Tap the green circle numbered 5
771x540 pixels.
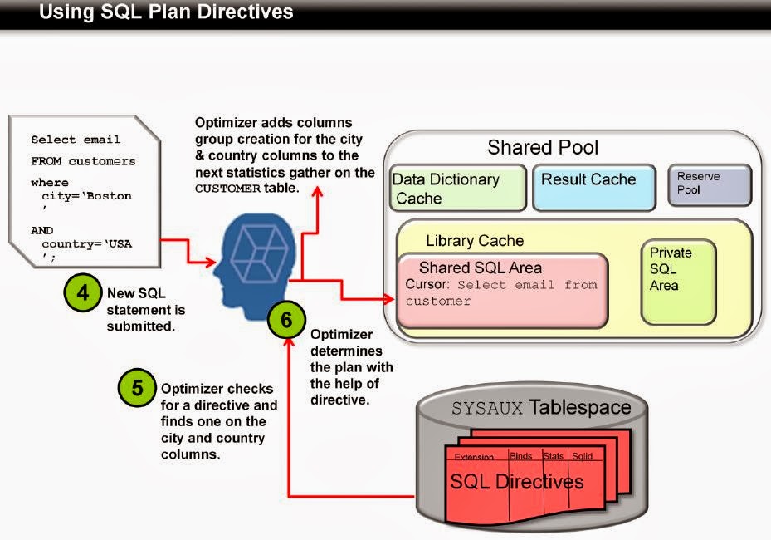(137, 388)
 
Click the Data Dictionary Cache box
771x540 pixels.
(458, 189)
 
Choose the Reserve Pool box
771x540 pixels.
(709, 184)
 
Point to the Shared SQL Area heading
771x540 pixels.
(480, 268)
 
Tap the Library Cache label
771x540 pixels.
(474, 241)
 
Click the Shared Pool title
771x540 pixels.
(542, 148)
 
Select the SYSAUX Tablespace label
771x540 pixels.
(541, 408)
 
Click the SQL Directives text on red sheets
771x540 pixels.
(516, 482)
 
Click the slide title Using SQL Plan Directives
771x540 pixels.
(166, 12)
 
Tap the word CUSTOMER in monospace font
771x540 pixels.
(224, 189)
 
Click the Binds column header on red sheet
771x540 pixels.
(520, 456)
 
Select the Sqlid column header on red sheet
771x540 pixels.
(582, 456)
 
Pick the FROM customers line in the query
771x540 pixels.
(83, 161)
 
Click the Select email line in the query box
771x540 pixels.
(76, 140)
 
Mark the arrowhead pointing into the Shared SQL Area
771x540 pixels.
(389, 296)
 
